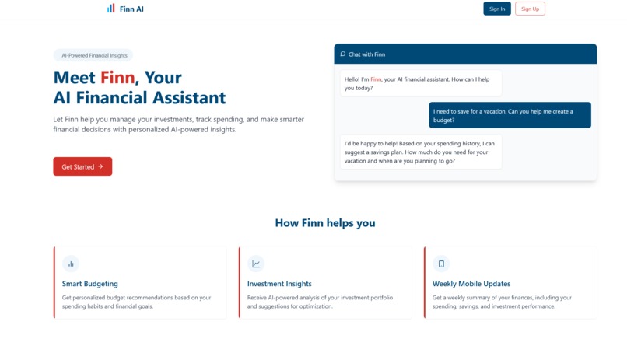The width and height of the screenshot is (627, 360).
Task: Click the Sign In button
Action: [496, 9]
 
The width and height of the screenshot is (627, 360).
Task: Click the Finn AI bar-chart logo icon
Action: [111, 9]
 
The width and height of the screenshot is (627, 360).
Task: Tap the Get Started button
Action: [82, 166]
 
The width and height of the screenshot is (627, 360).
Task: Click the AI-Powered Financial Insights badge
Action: [93, 55]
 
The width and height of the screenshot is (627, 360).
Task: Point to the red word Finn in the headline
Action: [117, 78]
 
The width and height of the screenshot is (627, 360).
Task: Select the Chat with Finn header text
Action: [366, 54]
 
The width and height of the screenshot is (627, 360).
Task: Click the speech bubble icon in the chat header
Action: [343, 54]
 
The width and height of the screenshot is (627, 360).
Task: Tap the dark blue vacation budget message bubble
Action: [510, 115]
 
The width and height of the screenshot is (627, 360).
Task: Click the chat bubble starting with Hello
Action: [421, 83]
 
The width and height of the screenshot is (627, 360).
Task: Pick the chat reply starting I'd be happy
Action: [421, 152]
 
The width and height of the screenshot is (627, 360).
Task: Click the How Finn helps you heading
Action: [325, 223]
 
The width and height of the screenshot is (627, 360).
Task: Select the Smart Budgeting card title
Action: [90, 284]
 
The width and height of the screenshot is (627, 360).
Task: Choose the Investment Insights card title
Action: [279, 284]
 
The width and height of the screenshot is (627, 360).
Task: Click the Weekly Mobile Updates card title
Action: [471, 284]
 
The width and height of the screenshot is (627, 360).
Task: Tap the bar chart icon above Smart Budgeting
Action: [71, 264]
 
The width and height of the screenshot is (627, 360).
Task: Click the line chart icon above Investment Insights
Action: [256, 264]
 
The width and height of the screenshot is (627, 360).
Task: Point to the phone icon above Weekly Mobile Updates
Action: [441, 264]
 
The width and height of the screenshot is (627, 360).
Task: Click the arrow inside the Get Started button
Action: [100, 166]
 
